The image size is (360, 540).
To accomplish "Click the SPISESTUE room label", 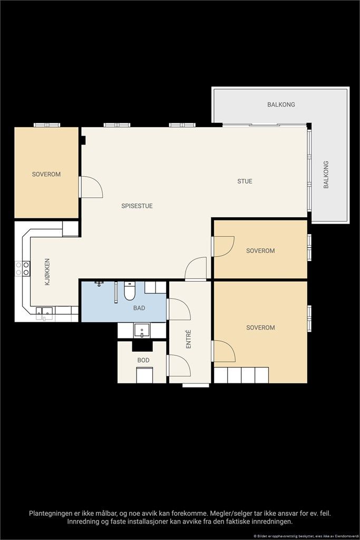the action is (137, 206).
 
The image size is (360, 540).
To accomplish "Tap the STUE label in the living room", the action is (245, 181).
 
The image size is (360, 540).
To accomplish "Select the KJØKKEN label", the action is (47, 272).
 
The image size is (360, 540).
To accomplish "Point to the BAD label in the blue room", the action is (139, 308).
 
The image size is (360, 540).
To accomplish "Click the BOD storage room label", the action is (143, 360).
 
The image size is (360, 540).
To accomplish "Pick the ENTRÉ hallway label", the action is (188, 339).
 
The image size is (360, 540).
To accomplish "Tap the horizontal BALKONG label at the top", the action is (281, 104).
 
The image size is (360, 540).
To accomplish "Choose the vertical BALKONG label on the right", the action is (326, 175).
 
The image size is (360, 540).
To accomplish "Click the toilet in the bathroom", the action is (130, 291).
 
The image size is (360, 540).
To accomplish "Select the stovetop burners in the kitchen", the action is (23, 268).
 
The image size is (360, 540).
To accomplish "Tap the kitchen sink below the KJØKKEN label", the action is (44, 312).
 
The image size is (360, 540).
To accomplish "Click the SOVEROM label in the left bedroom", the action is (46, 174).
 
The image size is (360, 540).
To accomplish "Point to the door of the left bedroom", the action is (91, 187).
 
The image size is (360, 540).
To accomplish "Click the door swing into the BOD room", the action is (179, 365).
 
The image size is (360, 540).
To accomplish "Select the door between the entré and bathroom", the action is (179, 309).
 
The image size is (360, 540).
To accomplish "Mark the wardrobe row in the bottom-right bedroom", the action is (241, 375).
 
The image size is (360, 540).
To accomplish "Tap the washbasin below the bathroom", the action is (141, 331).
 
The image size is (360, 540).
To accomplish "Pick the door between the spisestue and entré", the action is (196, 268).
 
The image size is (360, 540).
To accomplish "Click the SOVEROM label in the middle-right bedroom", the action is (260, 250).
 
